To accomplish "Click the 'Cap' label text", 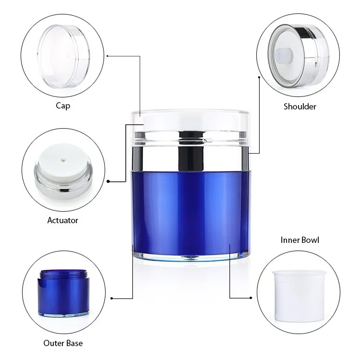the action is point(63,106).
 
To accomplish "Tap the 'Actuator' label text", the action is point(63,220).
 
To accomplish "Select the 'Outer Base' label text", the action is point(63,343).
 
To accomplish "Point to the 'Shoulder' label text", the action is point(300,107).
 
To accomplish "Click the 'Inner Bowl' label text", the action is point(300,240).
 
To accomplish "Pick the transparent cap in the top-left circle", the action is point(63,56).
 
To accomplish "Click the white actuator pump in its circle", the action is point(63,171).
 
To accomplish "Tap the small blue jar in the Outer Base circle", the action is point(63,293).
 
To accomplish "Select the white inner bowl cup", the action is point(300,296).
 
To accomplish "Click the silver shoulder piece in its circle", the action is point(299,56).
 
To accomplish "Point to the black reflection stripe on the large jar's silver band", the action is point(191,152).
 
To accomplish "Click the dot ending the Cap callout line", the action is point(107,56).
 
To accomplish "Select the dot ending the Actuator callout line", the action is point(108,181).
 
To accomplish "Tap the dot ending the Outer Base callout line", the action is point(111,298).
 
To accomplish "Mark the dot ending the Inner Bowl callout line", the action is point(251,298).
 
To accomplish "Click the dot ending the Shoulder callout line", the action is point(259,77).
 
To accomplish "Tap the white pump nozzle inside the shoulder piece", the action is point(284,56).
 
